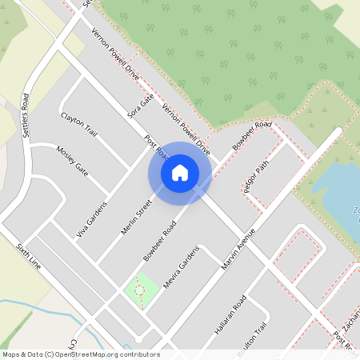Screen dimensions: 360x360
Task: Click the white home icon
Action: (180, 173)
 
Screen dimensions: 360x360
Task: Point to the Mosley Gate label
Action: (71, 160)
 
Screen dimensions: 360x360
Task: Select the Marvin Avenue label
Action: (238, 247)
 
